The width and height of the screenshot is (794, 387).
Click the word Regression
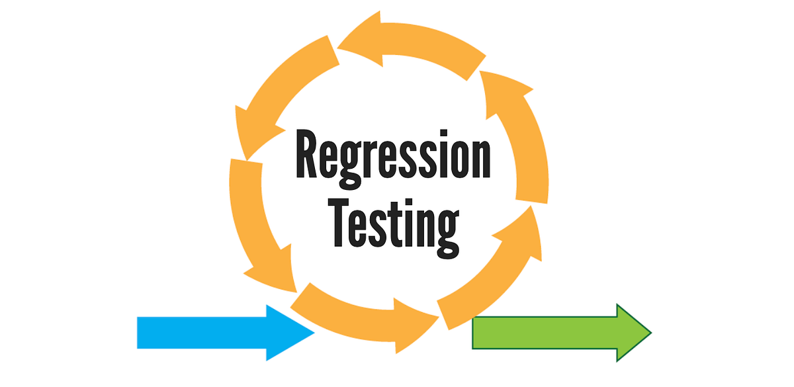click(393, 156)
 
